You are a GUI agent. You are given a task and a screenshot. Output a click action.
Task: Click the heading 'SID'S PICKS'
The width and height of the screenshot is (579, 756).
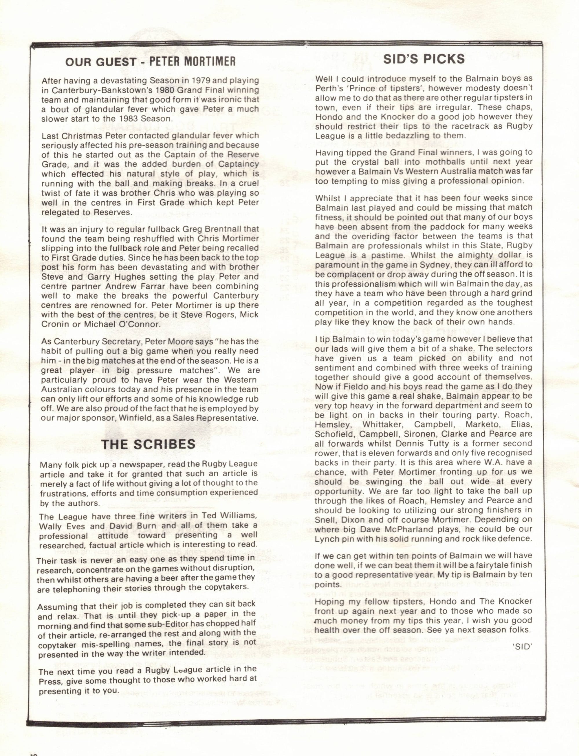[424, 59]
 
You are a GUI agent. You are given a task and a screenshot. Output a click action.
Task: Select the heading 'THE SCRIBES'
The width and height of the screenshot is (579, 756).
[148, 444]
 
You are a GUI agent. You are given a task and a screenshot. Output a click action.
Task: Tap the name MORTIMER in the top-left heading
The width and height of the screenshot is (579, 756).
[210, 61]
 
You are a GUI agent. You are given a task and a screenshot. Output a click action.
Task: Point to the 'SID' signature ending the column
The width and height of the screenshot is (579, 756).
[523, 647]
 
